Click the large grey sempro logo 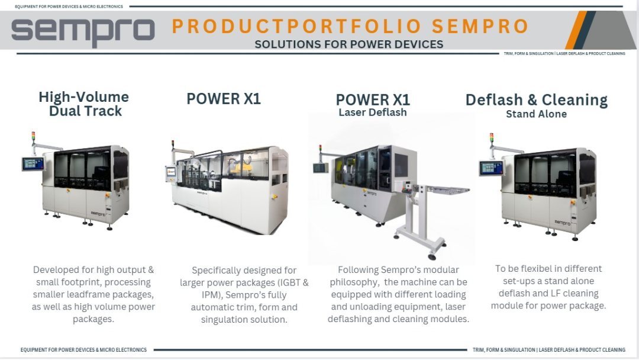pyautogui.click(x=83, y=31)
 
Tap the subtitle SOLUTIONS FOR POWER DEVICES pyautogui.click(x=349, y=44)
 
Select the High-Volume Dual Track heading pyautogui.click(x=85, y=104)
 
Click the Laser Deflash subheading pyautogui.click(x=373, y=112)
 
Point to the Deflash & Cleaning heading pyautogui.click(x=536, y=100)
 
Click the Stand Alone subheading pyautogui.click(x=536, y=114)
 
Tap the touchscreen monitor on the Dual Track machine pyautogui.click(x=33, y=163)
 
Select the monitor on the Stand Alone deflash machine pyautogui.click(x=491, y=168)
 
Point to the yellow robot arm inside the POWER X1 pyautogui.click(x=242, y=166)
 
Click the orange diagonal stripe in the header pyautogui.click(x=576, y=30)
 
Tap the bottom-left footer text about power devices pyautogui.click(x=83, y=350)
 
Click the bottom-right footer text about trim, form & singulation pyautogui.click(x=549, y=350)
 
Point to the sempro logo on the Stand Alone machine pyautogui.click(x=563, y=223)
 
